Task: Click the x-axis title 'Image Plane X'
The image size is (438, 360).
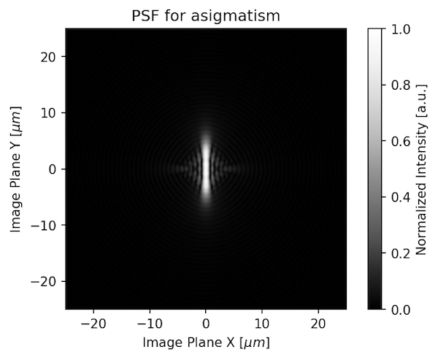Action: click(206, 342)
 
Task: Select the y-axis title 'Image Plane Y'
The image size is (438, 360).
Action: click(15, 169)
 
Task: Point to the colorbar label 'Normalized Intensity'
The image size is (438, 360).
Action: click(421, 169)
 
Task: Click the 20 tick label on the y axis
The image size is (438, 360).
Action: click(50, 56)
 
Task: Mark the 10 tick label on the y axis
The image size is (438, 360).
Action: click(50, 112)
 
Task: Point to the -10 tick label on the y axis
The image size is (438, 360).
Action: click(47, 225)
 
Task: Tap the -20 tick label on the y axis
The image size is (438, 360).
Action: click(47, 281)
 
